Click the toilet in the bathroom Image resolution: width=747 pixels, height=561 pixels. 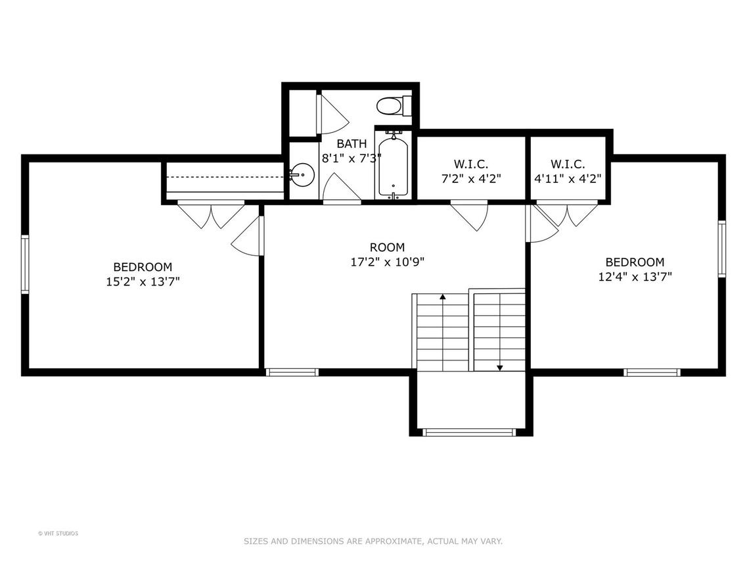394,105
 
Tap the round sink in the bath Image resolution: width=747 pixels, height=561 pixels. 302,175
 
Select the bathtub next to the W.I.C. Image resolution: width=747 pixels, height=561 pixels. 394,164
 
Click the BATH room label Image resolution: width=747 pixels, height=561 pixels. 352,143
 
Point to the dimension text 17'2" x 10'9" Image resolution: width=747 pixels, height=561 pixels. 388,262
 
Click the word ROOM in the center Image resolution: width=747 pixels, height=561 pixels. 388,247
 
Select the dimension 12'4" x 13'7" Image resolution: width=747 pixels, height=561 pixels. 635,277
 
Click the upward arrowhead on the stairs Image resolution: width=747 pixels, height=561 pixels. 443,297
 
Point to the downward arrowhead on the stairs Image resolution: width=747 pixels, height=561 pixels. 500,368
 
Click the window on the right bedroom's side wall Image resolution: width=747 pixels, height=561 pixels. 722,249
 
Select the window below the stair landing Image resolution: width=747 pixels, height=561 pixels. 470,432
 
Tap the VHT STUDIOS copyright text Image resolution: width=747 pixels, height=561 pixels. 58,533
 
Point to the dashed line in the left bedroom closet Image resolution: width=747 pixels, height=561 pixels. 228,177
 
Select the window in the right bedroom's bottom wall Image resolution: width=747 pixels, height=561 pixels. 652,372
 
